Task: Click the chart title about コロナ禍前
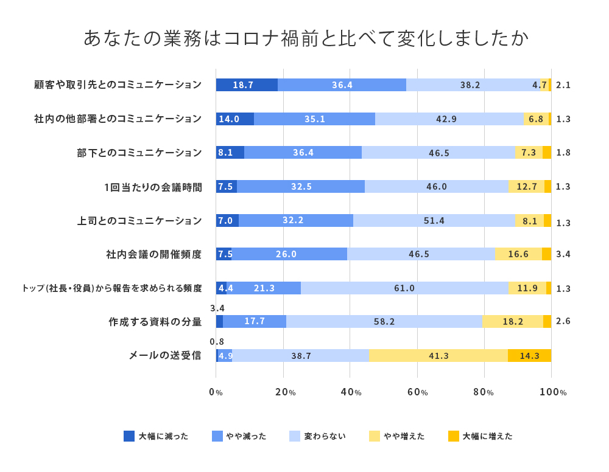pos(305,38)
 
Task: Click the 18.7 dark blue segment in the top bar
pos(247,85)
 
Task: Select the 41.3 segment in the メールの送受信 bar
pos(438,356)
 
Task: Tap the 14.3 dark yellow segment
pos(529,356)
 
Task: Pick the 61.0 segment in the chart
pos(404,288)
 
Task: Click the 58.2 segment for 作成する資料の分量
pos(384,321)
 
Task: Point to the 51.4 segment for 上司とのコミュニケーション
pos(434,220)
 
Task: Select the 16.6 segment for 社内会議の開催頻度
pos(518,254)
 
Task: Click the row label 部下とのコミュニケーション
pos(139,153)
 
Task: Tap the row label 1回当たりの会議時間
pos(153,187)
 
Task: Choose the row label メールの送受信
pos(164,355)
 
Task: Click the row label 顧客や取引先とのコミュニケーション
pos(118,85)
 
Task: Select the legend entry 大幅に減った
pos(156,436)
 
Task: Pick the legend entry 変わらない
pos(317,436)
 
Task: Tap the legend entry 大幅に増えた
pos(480,436)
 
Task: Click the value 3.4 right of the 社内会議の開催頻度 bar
pos(563,254)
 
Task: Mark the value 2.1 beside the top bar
pos(563,85)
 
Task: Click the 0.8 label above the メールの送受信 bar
pos(217,342)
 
